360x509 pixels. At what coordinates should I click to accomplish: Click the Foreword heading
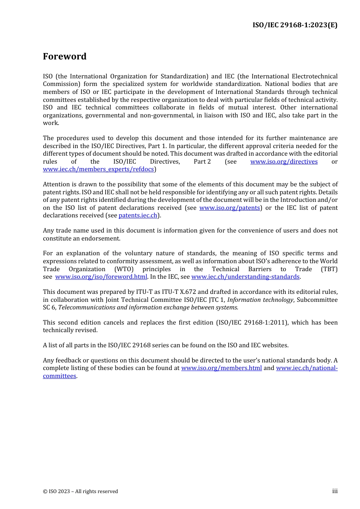pyautogui.click(x=64, y=56)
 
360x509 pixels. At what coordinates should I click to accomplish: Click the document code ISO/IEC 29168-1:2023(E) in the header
pyautogui.click(x=295, y=25)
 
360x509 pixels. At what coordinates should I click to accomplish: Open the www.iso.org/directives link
pyautogui.click(x=284, y=162)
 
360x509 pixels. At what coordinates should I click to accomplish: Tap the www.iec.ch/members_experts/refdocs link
pyautogui.click(x=98, y=169)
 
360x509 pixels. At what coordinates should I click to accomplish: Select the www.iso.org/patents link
pyautogui.click(x=229, y=208)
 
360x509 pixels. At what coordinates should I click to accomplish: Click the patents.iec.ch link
pyautogui.click(x=138, y=215)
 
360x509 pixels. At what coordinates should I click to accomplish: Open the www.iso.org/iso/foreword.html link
pyautogui.click(x=101, y=277)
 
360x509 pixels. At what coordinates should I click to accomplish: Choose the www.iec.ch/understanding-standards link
pyautogui.click(x=245, y=277)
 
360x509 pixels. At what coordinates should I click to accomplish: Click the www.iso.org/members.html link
pyautogui.click(x=221, y=368)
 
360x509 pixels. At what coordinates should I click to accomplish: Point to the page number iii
pyautogui.click(x=335, y=491)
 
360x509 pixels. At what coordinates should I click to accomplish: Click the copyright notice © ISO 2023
pyautogui.click(x=80, y=492)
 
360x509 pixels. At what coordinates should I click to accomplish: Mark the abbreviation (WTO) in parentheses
pyautogui.click(x=124, y=269)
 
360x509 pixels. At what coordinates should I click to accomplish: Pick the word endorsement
pyautogui.click(x=102, y=239)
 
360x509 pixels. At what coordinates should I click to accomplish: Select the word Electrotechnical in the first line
pyautogui.click(x=313, y=77)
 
